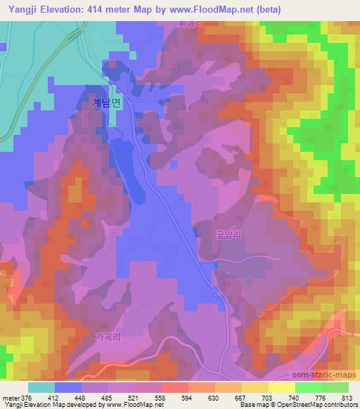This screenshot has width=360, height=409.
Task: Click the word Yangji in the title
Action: [x=21, y=8]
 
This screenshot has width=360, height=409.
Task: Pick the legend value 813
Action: [x=347, y=397]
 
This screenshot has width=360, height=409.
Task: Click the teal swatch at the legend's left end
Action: [x=41, y=387]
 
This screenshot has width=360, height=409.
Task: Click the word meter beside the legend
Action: [x=10, y=397]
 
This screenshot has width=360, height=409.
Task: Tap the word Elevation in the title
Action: [x=67, y=8]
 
